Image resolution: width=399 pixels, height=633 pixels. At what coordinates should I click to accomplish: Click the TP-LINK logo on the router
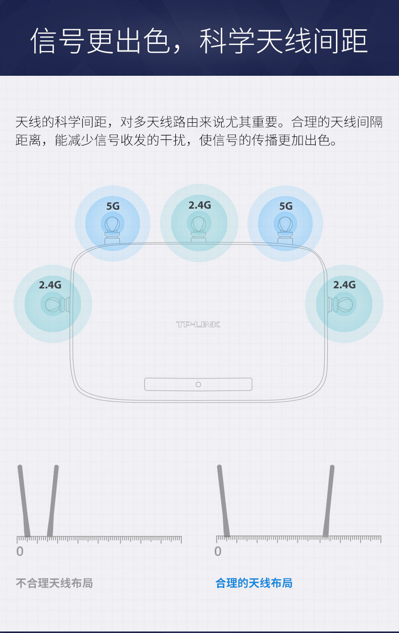(198, 324)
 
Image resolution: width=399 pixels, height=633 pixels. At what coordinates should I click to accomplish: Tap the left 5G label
(113, 206)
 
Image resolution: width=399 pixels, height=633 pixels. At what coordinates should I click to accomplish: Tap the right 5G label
(286, 206)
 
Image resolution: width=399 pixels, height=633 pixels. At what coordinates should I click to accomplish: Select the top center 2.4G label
(199, 205)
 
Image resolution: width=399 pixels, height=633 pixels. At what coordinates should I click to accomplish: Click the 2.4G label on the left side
(50, 285)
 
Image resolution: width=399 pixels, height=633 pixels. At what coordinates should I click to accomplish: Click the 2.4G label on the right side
(344, 285)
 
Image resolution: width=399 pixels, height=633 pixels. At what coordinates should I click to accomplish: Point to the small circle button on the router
(198, 384)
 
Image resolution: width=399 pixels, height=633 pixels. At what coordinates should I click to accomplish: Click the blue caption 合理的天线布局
(254, 583)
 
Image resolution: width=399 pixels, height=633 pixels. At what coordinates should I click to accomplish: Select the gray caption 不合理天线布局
(54, 583)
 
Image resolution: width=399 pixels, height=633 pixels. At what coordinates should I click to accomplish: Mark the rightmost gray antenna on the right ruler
(329, 500)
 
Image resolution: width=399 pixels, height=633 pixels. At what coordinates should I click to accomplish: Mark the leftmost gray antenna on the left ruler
(24, 500)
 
